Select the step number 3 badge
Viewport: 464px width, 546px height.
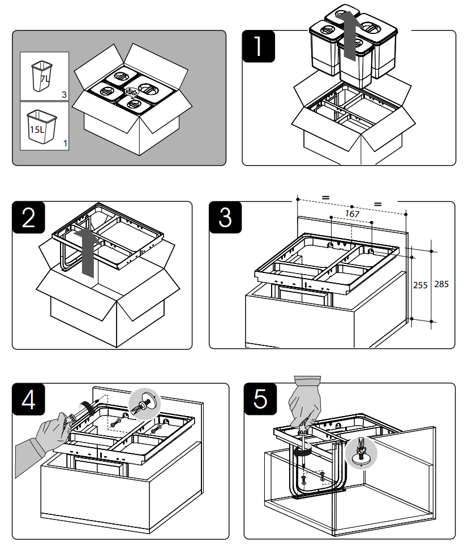(225, 218)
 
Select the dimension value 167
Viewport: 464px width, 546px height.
(352, 214)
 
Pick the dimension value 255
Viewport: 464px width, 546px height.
(420, 285)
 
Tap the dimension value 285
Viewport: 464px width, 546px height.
(441, 284)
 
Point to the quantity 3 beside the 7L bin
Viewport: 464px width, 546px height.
(65, 96)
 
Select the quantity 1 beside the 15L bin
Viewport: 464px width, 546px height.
(65, 144)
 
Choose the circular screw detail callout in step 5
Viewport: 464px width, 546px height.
(360, 452)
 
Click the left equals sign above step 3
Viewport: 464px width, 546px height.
(325, 197)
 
